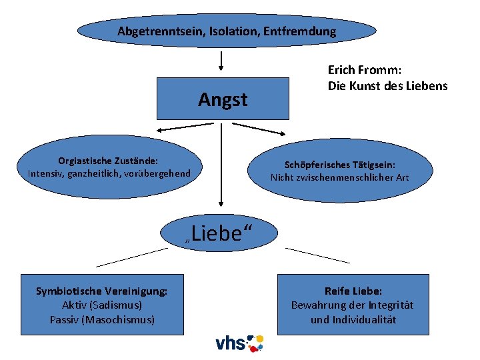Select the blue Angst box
(222, 99)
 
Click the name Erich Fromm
(366, 69)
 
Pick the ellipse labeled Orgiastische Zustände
(109, 167)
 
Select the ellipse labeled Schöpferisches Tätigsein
(339, 171)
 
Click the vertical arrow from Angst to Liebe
(221, 163)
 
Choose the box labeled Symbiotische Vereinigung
(102, 305)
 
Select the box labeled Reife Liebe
(353, 305)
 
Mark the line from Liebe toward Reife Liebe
(317, 255)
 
